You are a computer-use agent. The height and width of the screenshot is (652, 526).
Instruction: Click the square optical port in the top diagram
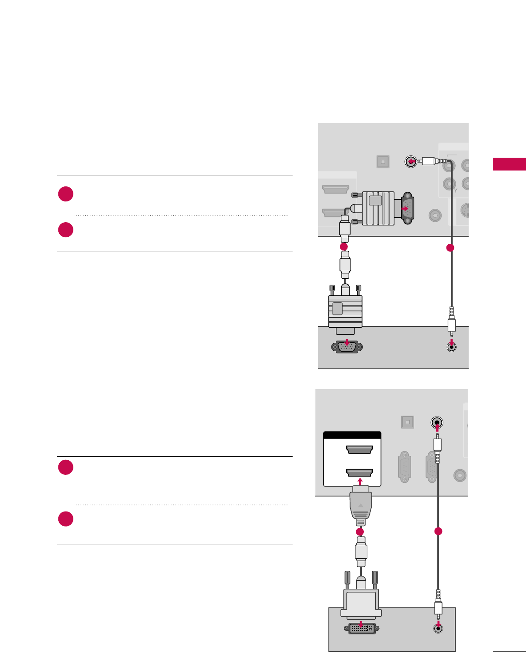point(383,162)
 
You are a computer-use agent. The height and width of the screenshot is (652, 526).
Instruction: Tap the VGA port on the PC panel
point(347,347)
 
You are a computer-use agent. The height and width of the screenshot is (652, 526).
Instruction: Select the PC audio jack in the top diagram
point(451,347)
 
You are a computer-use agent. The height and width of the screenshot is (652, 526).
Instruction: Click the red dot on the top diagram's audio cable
point(450,248)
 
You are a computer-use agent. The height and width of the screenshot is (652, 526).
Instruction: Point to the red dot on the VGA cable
point(343,246)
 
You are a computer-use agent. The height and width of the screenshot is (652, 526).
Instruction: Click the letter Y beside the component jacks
point(455,190)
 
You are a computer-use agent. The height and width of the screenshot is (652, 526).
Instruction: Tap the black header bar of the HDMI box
point(352,435)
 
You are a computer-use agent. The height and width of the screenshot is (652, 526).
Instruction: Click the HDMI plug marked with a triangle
point(361,504)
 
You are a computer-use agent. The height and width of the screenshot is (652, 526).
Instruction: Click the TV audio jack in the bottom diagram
point(437,422)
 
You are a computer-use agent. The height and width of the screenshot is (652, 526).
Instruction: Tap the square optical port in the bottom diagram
point(408,422)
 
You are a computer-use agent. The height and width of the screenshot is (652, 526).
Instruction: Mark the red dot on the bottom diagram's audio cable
point(438,531)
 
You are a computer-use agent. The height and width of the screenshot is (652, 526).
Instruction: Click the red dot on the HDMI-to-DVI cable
point(360,531)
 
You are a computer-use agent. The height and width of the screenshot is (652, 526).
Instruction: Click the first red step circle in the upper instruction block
point(66,194)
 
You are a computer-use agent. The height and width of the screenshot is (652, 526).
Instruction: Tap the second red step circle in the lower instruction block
point(66,519)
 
